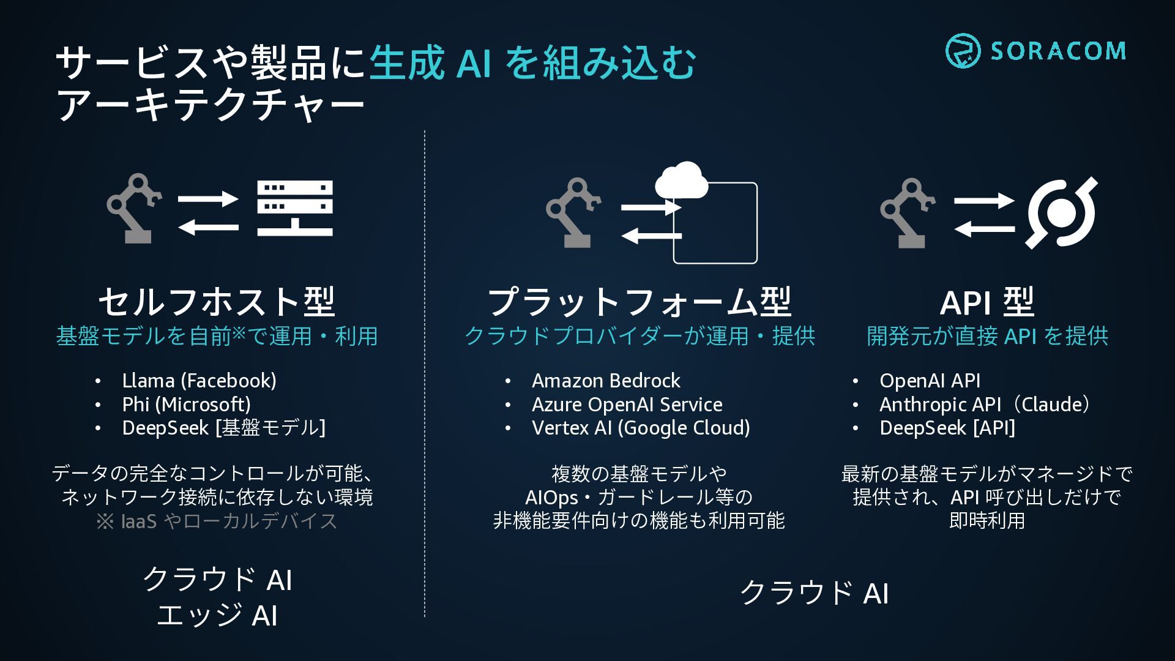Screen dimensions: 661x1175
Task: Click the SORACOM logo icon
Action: point(963,51)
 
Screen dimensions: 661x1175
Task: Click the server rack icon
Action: point(295,208)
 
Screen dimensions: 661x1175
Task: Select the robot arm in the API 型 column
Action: point(907,212)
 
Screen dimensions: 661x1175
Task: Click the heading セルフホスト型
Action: point(217,302)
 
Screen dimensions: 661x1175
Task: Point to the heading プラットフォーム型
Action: point(640,302)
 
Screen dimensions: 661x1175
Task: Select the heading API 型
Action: point(987,302)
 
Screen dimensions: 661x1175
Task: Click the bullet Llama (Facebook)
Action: point(199,381)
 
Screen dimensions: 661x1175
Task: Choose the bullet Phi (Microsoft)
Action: point(186,405)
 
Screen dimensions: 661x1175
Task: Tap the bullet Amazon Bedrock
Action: point(606,381)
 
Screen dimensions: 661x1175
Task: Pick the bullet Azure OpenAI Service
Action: point(627,405)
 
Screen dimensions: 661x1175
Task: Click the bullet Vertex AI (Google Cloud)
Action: point(641,428)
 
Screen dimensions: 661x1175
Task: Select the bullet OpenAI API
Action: point(930,381)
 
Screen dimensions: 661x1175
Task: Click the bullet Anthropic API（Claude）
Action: point(985,405)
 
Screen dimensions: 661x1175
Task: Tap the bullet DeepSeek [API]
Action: point(947,428)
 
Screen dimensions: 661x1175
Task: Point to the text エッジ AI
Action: point(217,615)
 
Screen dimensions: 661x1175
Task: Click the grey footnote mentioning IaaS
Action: point(217,521)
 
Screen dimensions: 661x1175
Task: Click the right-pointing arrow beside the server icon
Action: point(208,199)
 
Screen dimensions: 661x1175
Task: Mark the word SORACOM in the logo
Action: point(1058,51)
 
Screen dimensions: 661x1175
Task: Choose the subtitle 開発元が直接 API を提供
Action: point(987,336)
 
